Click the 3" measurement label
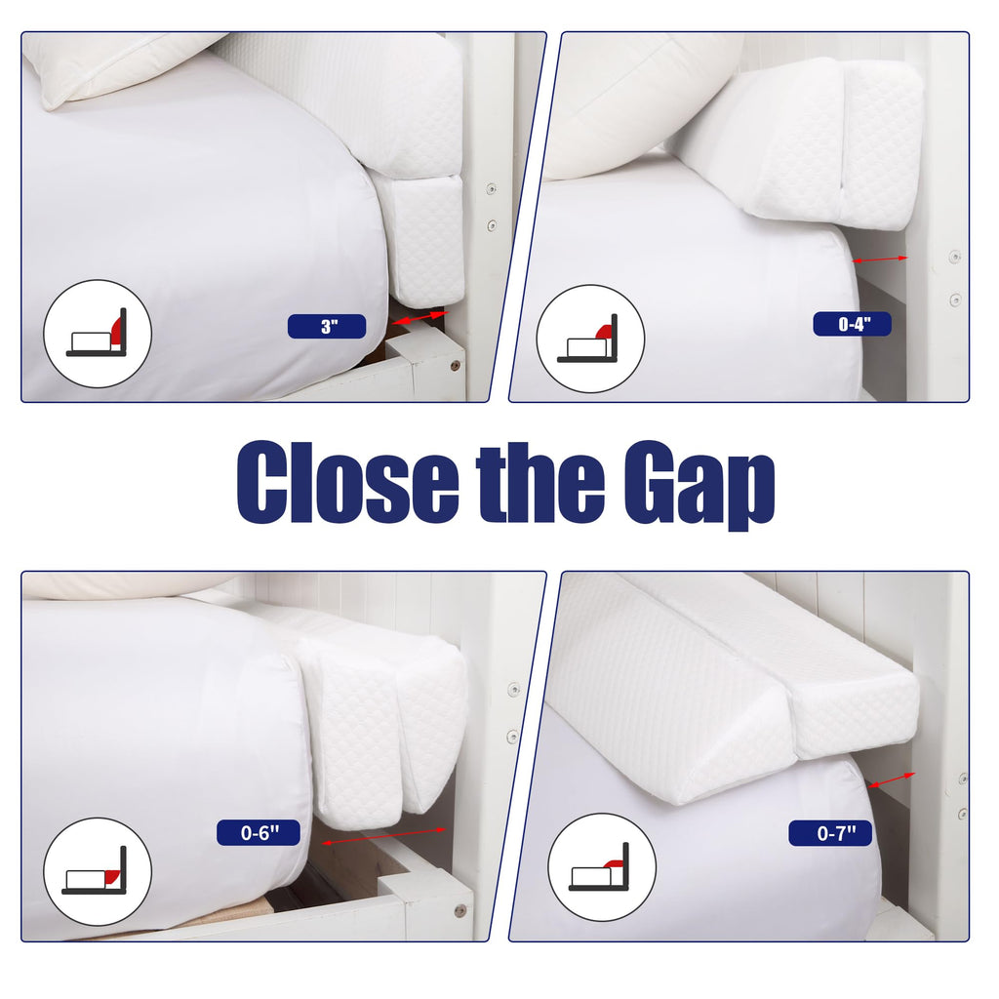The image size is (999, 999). (327, 327)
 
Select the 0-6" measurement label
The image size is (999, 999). (260, 833)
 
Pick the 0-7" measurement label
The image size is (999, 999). (828, 833)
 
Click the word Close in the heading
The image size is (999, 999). (347, 483)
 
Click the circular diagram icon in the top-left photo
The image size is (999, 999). (98, 334)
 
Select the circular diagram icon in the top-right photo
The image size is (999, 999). (590, 339)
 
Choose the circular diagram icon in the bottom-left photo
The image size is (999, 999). (98, 871)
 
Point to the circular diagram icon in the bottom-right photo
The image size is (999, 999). (601, 867)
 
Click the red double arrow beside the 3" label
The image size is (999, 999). (419, 318)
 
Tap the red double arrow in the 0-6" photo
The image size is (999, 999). (383, 836)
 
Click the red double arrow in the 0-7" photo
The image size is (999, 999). (891, 780)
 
